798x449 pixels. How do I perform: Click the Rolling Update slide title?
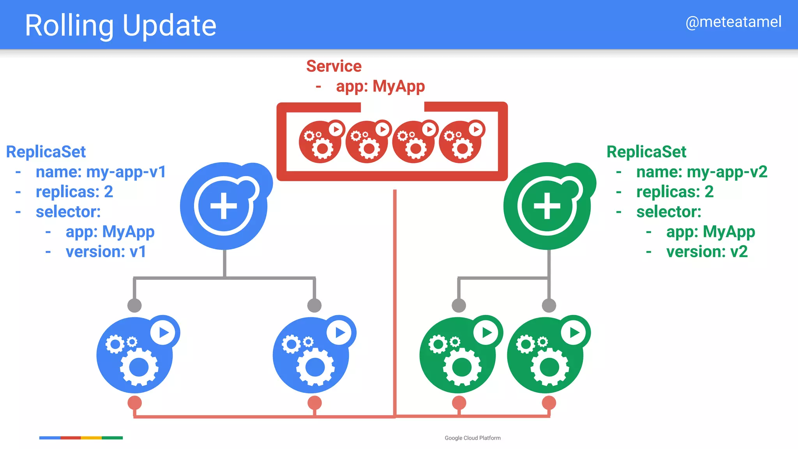[120, 25]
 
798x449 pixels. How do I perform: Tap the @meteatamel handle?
[733, 22]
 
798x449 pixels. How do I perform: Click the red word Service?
[334, 66]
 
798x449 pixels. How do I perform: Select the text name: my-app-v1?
[101, 172]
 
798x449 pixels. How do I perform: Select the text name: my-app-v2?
[701, 172]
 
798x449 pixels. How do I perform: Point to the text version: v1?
[106, 252]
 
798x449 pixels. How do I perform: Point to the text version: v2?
[706, 252]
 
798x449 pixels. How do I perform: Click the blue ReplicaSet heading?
[46, 152]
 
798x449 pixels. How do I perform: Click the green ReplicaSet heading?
[646, 152]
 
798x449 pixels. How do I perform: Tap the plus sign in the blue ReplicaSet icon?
[224, 206]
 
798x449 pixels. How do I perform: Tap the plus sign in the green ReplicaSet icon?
[547, 206]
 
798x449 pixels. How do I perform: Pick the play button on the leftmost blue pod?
[163, 332]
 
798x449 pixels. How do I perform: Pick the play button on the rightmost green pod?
[574, 332]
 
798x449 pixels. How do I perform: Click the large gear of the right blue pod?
[315, 367]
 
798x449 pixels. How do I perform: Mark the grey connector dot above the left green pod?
[459, 306]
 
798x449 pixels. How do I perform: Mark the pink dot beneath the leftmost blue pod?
[134, 403]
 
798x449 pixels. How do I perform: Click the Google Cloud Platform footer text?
[472, 438]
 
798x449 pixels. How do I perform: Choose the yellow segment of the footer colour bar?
[91, 438]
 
